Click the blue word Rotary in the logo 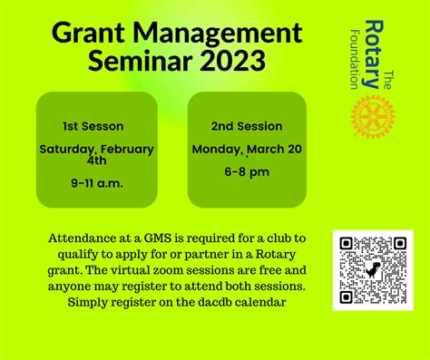pos(370,54)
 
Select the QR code pos(372,270)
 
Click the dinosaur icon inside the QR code pos(372,270)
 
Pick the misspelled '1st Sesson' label pos(93,126)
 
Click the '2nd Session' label pos(247,126)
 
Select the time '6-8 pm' pos(247,170)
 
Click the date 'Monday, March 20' pos(247,148)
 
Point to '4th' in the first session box pos(97,161)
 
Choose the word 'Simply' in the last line pos(90,302)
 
